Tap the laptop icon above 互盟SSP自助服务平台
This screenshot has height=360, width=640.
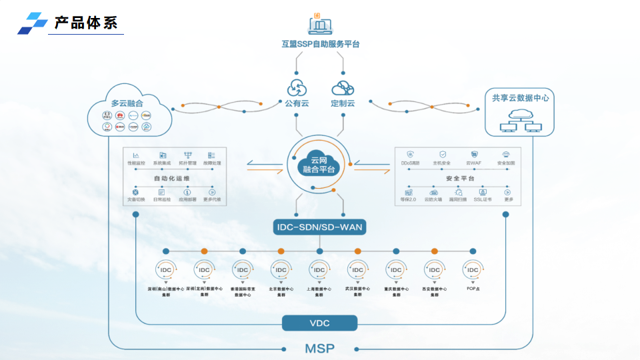(320, 25)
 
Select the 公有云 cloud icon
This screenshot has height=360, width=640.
(297, 88)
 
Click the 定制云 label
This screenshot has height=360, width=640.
(343, 103)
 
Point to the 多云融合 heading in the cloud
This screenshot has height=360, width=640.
(127, 103)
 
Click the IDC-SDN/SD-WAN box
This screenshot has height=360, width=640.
(320, 227)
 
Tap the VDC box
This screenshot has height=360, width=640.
(320, 323)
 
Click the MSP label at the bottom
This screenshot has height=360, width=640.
(320, 348)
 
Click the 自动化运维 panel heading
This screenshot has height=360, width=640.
(172, 179)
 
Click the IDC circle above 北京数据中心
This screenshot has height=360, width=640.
(281, 269)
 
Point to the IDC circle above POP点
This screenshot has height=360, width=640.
(473, 269)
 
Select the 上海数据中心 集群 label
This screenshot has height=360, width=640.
(320, 291)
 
